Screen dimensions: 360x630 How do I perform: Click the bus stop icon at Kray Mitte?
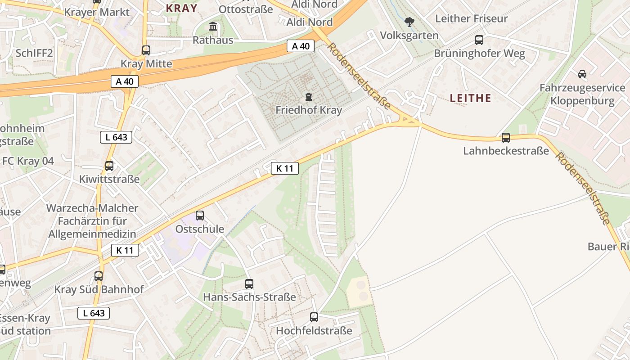pyautogui.click(x=146, y=50)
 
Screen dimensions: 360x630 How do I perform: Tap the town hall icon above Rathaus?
pyautogui.click(x=213, y=27)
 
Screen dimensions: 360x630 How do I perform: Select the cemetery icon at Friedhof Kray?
pyautogui.click(x=309, y=97)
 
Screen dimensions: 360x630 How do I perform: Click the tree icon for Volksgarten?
pyautogui.click(x=409, y=22)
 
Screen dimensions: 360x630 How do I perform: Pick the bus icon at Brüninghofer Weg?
pyautogui.click(x=479, y=40)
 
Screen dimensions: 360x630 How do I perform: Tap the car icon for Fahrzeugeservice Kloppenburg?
pyautogui.click(x=582, y=74)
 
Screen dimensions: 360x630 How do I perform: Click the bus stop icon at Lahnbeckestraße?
pyautogui.click(x=506, y=138)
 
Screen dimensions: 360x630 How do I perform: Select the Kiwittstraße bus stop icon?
pyautogui.click(x=109, y=166)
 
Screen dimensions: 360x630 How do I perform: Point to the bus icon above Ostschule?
pyautogui.click(x=200, y=216)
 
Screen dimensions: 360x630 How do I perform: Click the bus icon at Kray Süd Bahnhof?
pyautogui.click(x=99, y=276)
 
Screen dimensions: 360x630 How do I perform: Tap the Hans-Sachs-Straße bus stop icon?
pyautogui.click(x=249, y=284)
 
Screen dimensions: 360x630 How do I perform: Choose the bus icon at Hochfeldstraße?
pyautogui.click(x=314, y=317)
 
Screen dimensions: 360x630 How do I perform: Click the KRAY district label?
pyautogui.click(x=181, y=8)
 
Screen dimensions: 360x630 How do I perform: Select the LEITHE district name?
pyautogui.click(x=470, y=98)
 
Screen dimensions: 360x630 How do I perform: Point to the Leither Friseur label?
pyautogui.click(x=471, y=19)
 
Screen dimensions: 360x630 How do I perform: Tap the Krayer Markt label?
pyautogui.click(x=97, y=12)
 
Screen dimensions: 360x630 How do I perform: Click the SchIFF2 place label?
pyautogui.click(x=34, y=53)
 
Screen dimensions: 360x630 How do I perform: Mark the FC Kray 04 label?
pyautogui.click(x=28, y=161)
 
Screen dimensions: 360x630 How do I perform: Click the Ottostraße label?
pyautogui.click(x=246, y=9)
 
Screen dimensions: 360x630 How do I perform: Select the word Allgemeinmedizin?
pyautogui.click(x=92, y=234)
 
